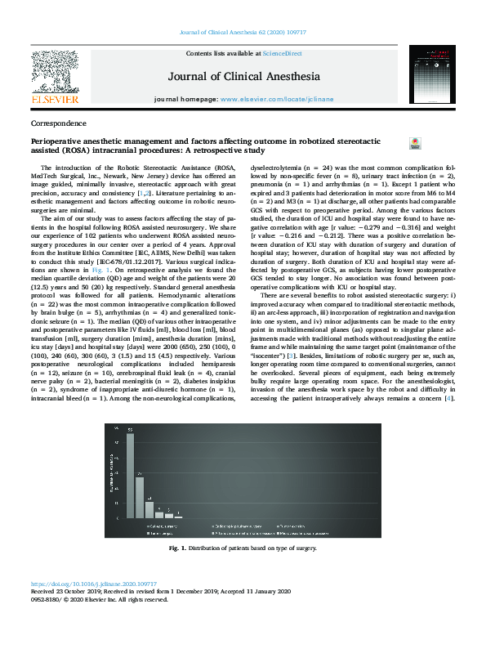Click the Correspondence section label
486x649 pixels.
(x=58, y=123)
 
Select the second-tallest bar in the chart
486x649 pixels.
(x=140, y=495)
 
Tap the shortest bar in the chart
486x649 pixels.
(x=169, y=516)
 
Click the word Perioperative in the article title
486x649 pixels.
(x=59, y=141)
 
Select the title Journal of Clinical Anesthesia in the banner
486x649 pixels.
(x=242, y=77)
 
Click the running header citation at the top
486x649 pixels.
(x=242, y=33)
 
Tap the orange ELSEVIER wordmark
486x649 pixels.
(x=54, y=99)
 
